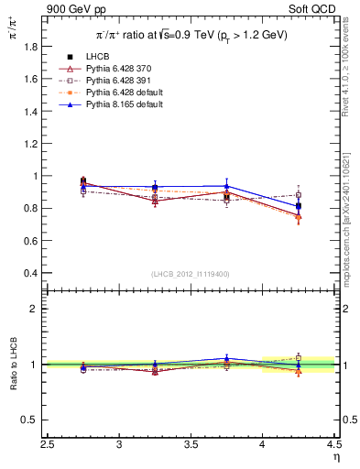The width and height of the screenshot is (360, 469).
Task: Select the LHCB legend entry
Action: [x=94, y=57]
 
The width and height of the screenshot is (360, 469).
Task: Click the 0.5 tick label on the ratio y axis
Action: [x=30, y=420]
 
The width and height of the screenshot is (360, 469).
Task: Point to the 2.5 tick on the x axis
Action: [x=49, y=445]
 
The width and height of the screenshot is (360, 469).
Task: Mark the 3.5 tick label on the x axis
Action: [x=191, y=445]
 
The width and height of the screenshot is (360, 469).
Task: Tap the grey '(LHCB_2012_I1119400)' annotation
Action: [x=191, y=274]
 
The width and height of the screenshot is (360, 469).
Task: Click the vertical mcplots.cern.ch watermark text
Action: [x=350, y=211]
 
